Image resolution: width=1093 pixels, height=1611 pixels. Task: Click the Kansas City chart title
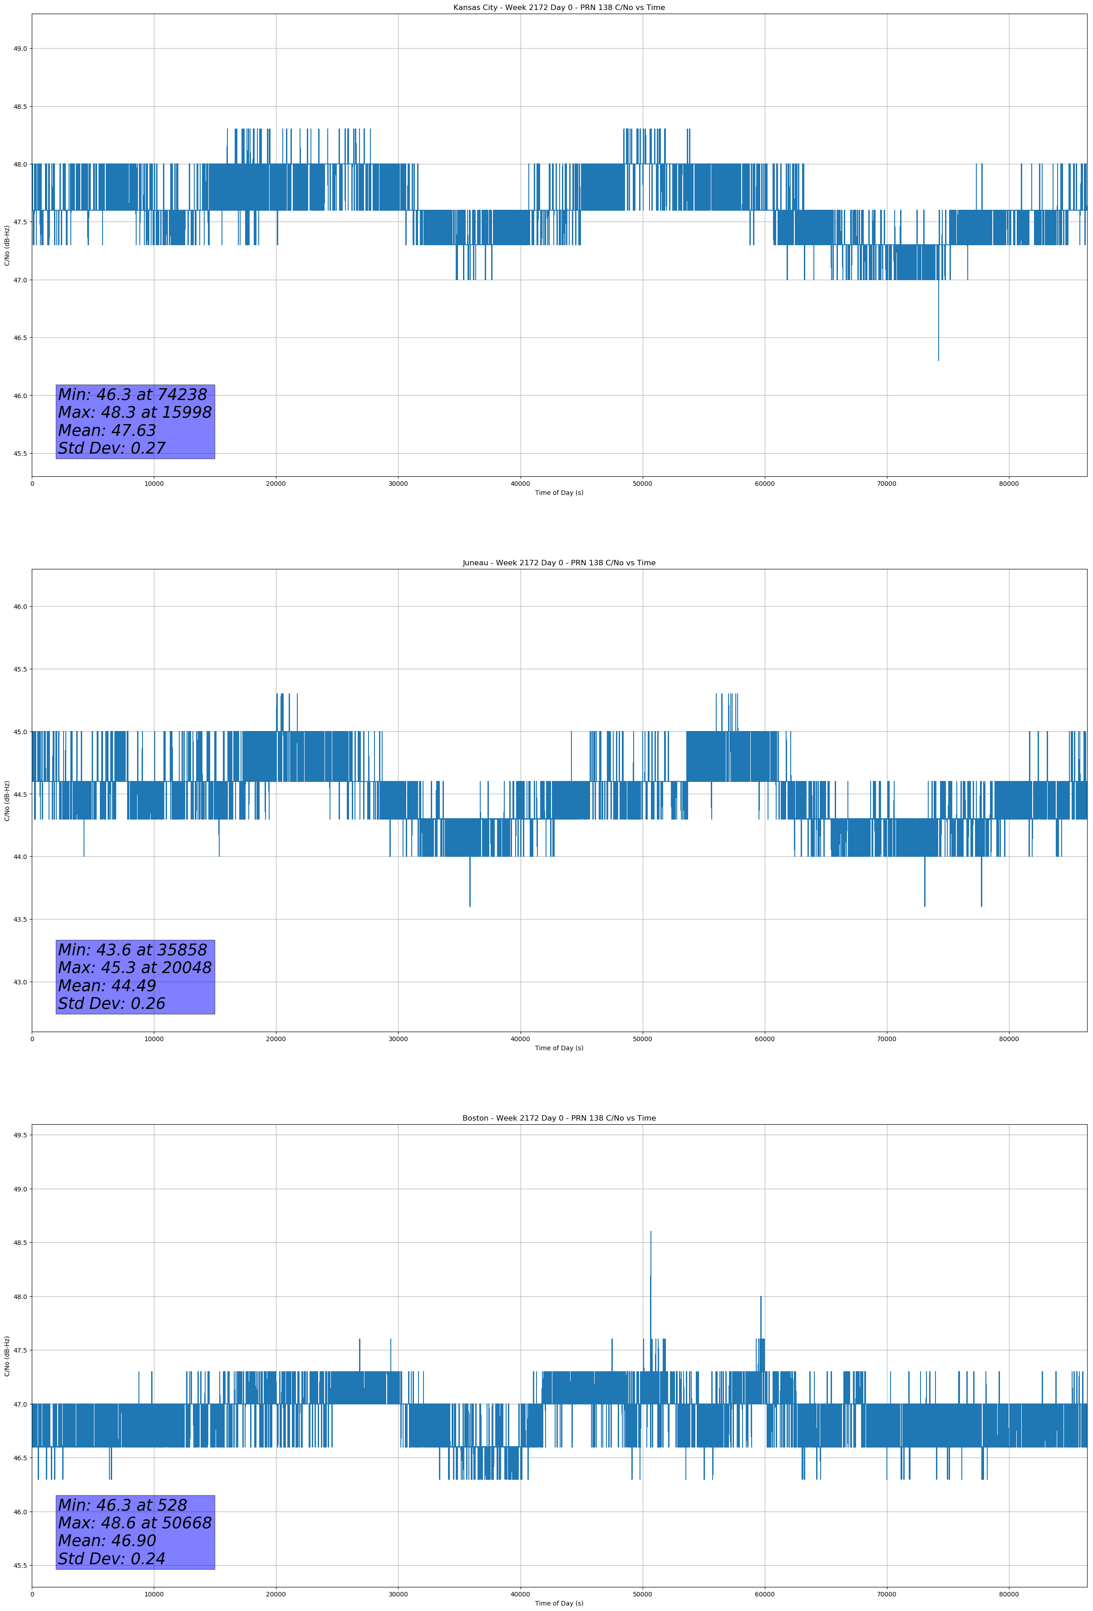pyautogui.click(x=559, y=8)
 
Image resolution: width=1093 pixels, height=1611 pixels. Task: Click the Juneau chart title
pyautogui.click(x=559, y=563)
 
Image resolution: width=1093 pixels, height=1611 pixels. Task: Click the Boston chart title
pyautogui.click(x=559, y=1118)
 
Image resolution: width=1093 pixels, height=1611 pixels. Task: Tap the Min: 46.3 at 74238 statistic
pyautogui.click(x=133, y=395)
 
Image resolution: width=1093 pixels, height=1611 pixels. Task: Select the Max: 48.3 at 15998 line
pyautogui.click(x=134, y=412)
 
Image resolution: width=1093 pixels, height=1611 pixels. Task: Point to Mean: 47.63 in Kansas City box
pyautogui.click(x=107, y=430)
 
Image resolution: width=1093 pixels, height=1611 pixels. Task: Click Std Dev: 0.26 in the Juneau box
pyautogui.click(x=112, y=1004)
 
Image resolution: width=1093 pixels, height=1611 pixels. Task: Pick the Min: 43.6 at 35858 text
pyautogui.click(x=133, y=950)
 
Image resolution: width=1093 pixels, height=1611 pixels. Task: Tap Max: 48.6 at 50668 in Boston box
pyautogui.click(x=134, y=1523)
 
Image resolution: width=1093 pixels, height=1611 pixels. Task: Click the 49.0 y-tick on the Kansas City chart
pyautogui.click(x=20, y=49)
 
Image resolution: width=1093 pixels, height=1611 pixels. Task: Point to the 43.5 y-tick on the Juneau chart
pyautogui.click(x=20, y=919)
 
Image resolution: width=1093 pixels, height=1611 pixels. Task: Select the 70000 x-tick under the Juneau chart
pyautogui.click(x=886, y=1039)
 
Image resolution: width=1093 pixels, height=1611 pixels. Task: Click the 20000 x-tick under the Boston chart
pyautogui.click(x=276, y=1594)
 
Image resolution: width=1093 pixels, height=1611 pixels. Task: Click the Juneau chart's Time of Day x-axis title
pyautogui.click(x=559, y=1048)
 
